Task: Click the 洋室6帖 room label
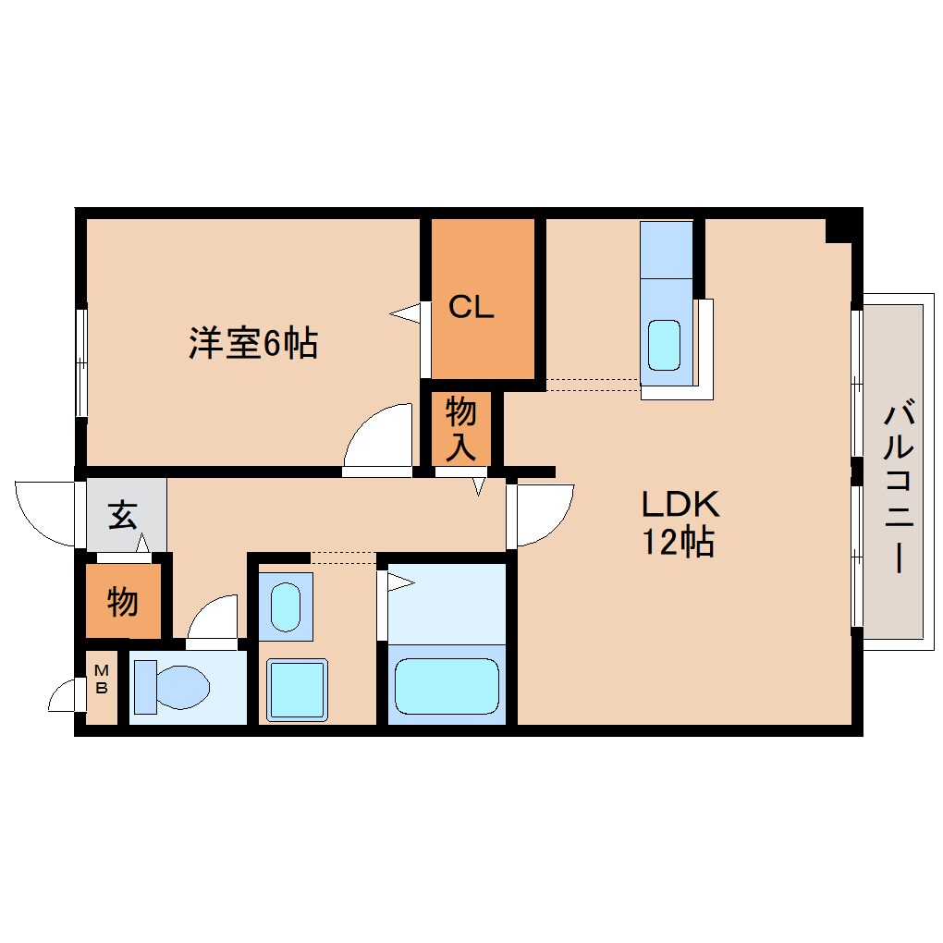[253, 344]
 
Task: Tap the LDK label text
[680, 505]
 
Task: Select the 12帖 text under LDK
[680, 544]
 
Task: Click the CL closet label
[471, 307]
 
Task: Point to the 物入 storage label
[461, 428]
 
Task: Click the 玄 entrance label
[123, 515]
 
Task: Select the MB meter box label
[103, 680]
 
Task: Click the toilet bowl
[176, 689]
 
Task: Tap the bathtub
[447, 684]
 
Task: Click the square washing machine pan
[297, 689]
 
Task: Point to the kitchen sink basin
[664, 344]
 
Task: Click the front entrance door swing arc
[44, 513]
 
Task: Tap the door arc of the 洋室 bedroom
[377, 437]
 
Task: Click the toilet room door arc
[214, 617]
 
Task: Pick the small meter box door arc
[63, 696]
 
